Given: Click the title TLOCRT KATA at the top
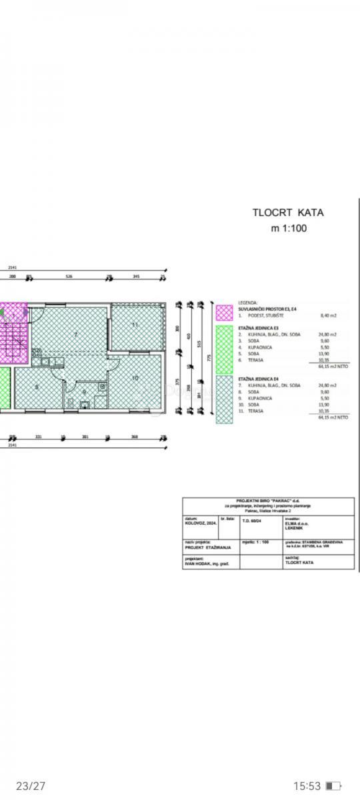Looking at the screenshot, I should click(x=288, y=213).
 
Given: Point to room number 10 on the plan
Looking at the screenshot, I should click(x=135, y=378).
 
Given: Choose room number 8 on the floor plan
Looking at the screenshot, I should click(x=36, y=386).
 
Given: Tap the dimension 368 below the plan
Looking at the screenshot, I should click(x=136, y=437).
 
